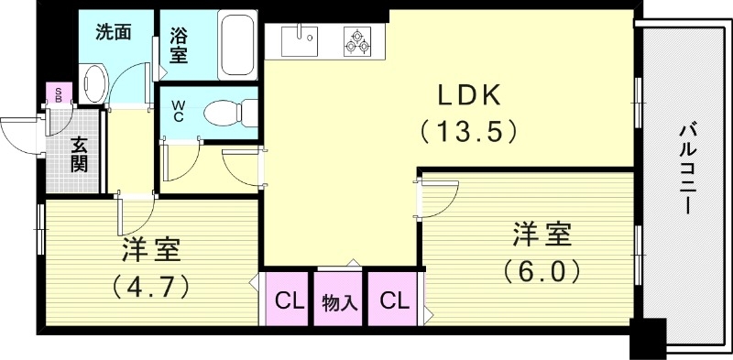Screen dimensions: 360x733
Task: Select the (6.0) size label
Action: click(541, 272)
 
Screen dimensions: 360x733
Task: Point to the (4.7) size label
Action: click(151, 286)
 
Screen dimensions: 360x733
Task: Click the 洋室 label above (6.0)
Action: click(541, 235)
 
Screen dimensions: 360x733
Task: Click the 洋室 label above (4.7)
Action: click(151, 249)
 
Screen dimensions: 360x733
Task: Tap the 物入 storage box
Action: click(340, 300)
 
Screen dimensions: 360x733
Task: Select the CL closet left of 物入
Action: click(290, 300)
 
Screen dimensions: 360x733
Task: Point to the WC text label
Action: click(179, 111)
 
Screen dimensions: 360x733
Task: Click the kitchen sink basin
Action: click(298, 41)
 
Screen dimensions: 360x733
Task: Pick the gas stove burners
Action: click(357, 41)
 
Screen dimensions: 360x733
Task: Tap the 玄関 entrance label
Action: click(79, 153)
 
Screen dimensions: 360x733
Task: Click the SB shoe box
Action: click(59, 93)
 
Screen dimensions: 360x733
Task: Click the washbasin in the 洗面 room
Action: click(94, 82)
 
